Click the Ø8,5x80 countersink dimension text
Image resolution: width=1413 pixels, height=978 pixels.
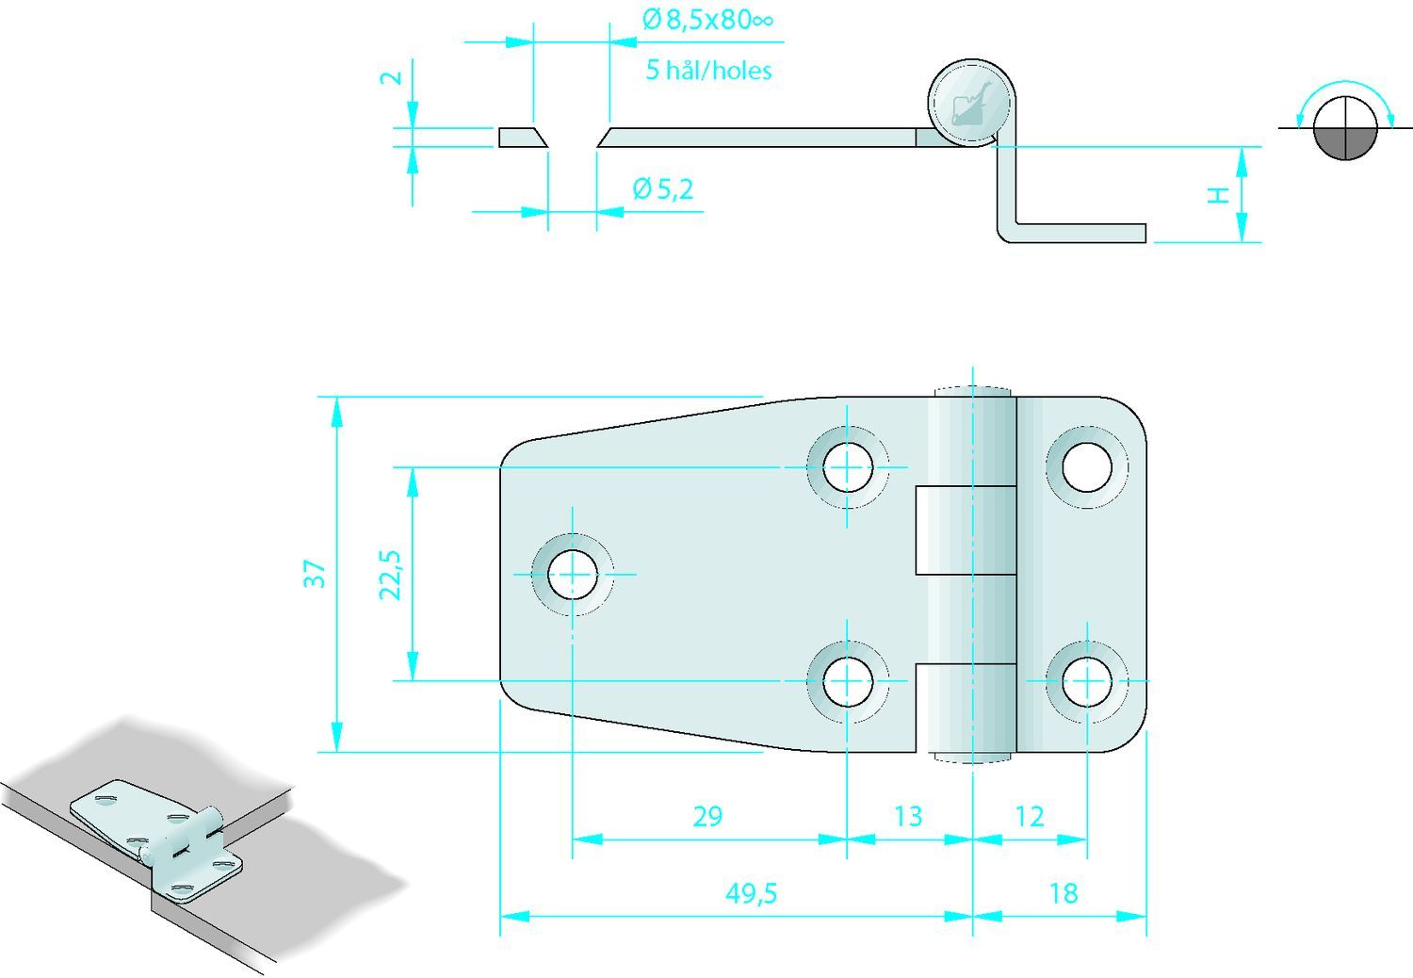707,20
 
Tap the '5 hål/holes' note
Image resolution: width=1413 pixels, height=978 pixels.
708,70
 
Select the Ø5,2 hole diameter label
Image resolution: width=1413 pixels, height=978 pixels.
663,189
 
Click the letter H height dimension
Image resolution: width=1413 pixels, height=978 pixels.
1219,196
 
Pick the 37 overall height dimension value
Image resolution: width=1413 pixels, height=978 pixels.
315,574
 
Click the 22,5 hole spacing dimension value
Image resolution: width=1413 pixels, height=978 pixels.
391,575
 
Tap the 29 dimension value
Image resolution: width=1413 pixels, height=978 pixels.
707,817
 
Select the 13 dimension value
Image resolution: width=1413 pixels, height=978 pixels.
908,817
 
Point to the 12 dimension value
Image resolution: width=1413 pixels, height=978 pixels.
1030,817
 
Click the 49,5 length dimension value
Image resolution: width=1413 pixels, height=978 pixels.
752,893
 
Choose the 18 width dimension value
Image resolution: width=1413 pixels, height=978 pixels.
1064,893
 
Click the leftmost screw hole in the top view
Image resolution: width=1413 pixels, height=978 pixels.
573,575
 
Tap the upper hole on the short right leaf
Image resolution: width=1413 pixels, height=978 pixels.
1087,467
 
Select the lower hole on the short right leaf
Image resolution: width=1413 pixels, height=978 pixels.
1087,681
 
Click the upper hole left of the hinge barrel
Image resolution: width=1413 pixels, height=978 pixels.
848,467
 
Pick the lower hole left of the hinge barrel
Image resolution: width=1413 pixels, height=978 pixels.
848,681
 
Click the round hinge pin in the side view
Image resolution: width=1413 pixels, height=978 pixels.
971,103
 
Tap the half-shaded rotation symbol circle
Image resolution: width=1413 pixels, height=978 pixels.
1345,128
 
